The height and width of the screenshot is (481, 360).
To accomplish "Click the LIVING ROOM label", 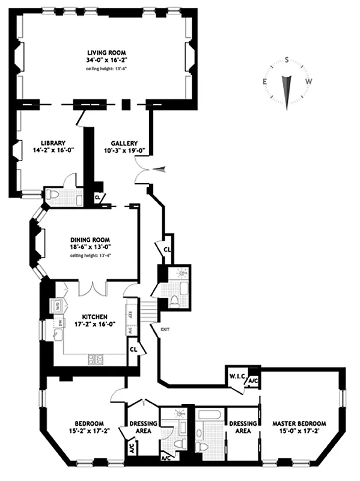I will tap(105, 52).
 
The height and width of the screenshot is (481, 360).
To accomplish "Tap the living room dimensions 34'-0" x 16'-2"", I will tap(105, 60).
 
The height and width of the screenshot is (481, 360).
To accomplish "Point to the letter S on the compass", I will tap(287, 59).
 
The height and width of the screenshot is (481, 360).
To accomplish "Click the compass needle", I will tap(287, 90).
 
